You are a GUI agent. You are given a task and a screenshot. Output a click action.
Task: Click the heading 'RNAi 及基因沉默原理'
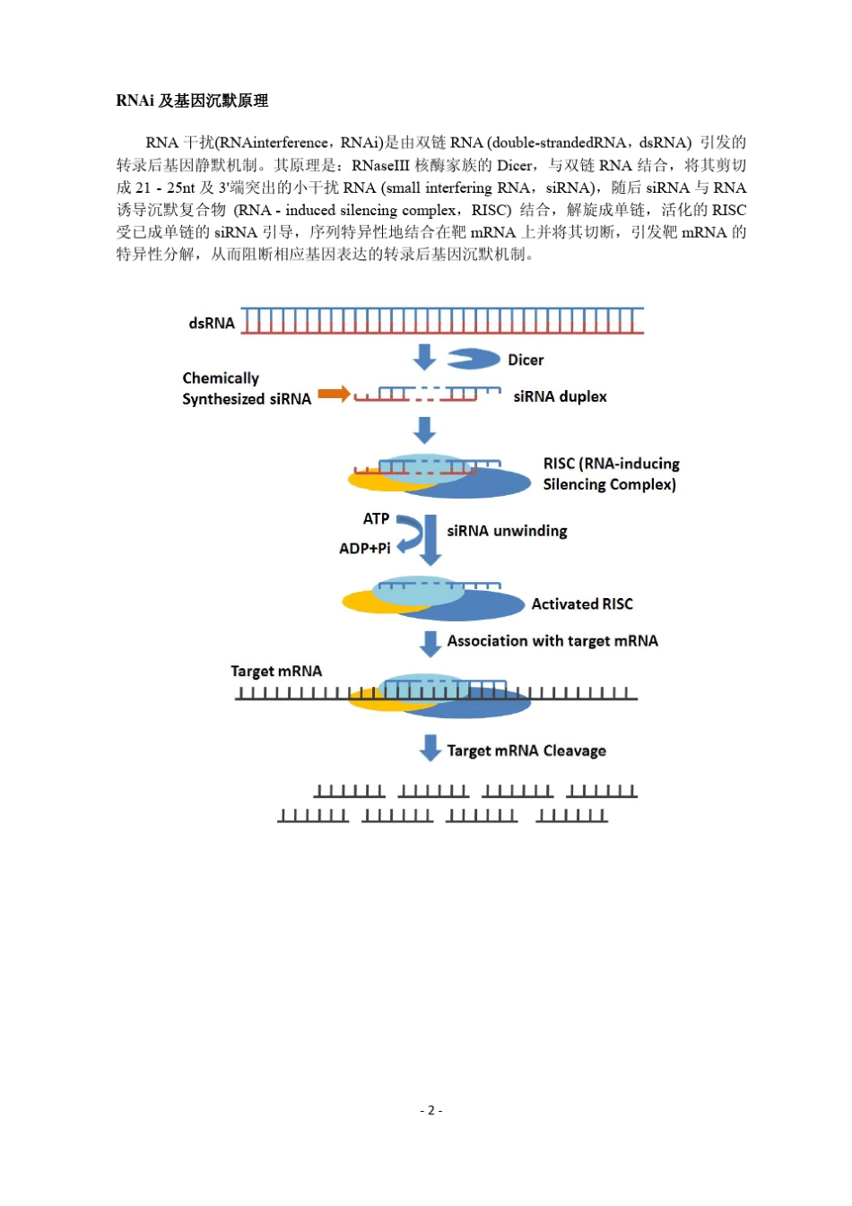point(192,100)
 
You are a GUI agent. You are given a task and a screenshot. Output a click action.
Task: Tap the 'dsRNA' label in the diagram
point(212,323)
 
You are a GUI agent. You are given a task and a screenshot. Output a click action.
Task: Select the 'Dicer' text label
point(526,360)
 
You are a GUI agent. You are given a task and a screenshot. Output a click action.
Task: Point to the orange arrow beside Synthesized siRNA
point(334,394)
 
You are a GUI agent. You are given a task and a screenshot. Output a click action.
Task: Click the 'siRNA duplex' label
point(560,396)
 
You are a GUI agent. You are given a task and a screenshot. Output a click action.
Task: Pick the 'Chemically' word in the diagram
point(221,377)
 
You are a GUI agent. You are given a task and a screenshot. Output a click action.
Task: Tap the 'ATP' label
point(376,518)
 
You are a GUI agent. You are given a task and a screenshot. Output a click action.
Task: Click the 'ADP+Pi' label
point(364,548)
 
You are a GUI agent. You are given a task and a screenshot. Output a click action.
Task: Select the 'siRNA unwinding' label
point(507,531)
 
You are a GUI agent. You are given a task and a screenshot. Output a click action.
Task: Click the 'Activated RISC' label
point(582,603)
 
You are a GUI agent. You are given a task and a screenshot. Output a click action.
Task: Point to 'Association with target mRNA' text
point(552,640)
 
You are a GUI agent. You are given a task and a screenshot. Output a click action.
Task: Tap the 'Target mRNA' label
point(276,671)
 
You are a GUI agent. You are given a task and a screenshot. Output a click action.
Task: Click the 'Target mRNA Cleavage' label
point(526,750)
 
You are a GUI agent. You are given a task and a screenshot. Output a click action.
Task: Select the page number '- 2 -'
point(430,1110)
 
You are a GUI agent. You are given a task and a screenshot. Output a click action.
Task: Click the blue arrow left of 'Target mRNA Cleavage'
point(430,748)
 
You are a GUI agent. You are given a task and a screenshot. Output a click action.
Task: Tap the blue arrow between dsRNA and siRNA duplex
point(424,357)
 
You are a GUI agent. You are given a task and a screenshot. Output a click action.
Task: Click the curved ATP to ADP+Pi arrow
point(410,534)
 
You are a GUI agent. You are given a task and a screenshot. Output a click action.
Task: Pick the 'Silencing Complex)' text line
point(609,484)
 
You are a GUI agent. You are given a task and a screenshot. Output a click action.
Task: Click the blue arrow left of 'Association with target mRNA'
point(430,642)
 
